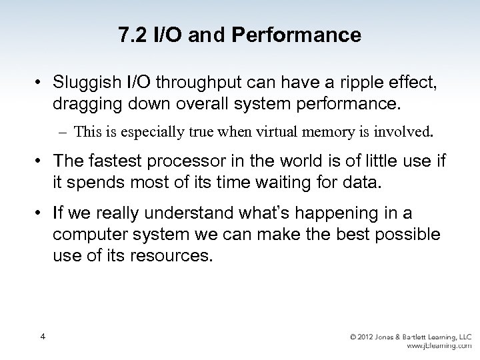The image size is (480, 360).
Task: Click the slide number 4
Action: coord(42,337)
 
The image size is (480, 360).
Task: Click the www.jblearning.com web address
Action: coord(439,346)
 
